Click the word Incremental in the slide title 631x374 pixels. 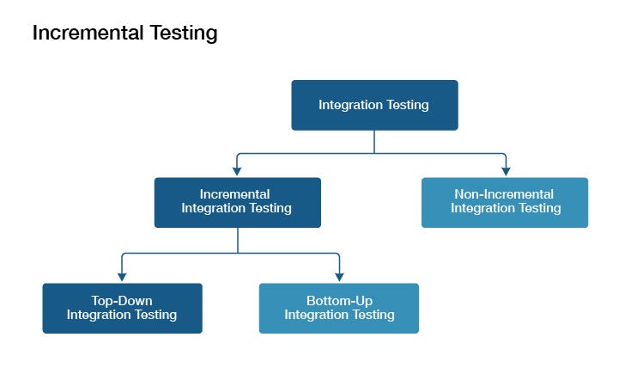point(88,33)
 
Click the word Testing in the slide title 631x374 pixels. point(184,34)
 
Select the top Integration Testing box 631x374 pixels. point(374,105)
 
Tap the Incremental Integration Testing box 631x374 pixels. point(238,203)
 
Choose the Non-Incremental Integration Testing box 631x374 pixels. point(505,203)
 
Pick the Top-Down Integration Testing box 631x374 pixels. point(122,309)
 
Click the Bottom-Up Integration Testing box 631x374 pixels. point(339,309)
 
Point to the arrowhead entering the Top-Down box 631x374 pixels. point(122,277)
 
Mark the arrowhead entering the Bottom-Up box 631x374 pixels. point(339,277)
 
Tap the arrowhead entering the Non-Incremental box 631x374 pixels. point(506,171)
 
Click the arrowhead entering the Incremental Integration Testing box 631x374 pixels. point(237,171)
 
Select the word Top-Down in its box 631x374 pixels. point(122,301)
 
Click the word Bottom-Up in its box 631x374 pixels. point(340,301)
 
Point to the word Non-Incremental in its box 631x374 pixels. point(504,194)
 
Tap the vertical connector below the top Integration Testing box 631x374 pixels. point(374,142)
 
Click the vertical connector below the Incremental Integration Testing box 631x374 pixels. point(238,241)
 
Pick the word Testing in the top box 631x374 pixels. point(408,106)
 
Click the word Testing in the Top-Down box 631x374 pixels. point(155,315)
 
